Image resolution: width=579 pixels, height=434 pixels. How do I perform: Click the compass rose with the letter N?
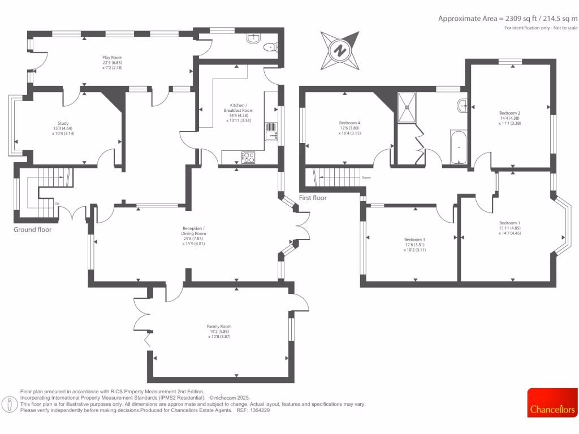point(340,50)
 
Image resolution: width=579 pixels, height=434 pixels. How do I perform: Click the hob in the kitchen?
point(248,158)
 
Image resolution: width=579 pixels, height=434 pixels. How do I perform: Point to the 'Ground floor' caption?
point(32,230)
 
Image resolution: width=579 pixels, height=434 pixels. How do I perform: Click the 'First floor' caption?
point(313,198)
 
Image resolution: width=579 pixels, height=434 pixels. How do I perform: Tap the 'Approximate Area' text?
point(508,19)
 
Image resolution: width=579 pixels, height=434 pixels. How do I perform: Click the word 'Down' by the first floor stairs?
point(366,177)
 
